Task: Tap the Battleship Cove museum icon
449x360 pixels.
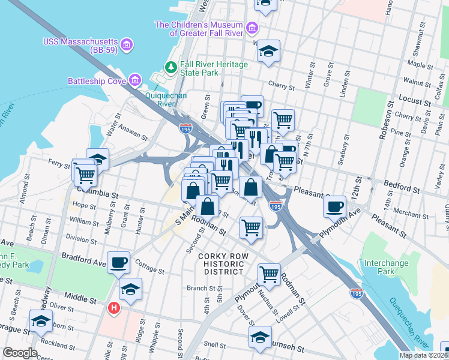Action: pos(135,80)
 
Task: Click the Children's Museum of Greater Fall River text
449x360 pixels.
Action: pos(198,29)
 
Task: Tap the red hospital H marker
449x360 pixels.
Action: pos(113,308)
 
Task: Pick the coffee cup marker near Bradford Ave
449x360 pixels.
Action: pos(119,262)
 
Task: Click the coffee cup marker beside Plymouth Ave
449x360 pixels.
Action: pos(335,206)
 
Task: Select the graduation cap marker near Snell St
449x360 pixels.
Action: pos(260,337)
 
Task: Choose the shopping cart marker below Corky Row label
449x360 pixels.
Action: pos(269,274)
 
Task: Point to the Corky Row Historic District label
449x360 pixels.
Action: pos(221,264)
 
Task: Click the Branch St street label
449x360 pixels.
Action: pos(197,288)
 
